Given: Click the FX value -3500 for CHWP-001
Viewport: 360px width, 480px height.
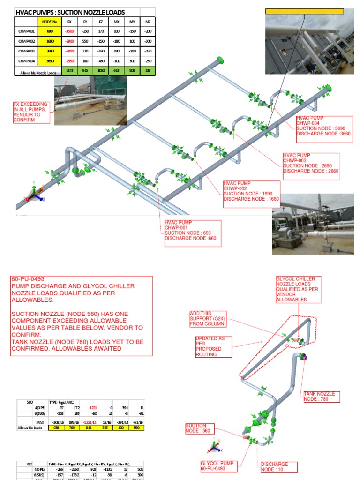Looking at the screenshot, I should pos(70,31).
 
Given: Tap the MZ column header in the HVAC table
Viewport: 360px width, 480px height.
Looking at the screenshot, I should pos(148,21).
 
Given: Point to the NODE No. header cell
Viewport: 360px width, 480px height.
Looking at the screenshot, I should pos(50,21).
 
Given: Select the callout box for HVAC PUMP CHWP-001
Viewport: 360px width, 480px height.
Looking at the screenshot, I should pos(193,233).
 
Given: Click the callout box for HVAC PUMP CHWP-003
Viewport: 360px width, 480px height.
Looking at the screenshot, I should pos(311,166).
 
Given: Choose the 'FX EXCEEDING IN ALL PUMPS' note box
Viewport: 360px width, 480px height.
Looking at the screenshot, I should pos(31,112).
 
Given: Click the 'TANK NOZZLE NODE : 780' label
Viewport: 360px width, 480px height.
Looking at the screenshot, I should pos(321,397).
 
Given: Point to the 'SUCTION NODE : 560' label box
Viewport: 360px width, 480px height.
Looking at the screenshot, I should pos(200,428).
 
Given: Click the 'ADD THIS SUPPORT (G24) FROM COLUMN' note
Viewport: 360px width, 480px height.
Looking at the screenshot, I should pos(207,319).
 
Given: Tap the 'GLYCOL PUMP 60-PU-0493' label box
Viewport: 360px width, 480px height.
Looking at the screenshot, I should pos(217,466).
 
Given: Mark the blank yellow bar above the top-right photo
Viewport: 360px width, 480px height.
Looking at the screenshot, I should pos(304,11).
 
